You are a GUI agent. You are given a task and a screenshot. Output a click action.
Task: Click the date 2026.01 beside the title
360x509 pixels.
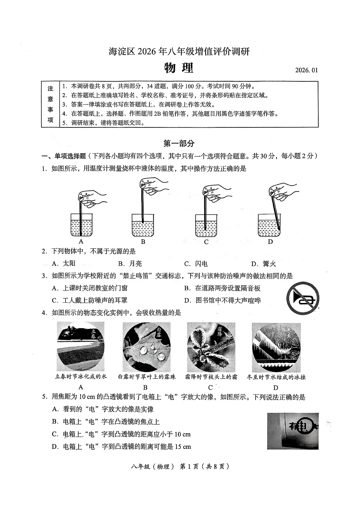pyautogui.click(x=306, y=70)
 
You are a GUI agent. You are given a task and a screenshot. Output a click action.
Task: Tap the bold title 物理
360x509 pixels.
pyautogui.click(x=179, y=68)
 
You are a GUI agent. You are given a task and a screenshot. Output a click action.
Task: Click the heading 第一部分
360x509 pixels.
pyautogui.click(x=179, y=143)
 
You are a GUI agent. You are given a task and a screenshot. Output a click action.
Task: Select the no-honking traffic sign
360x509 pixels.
pyautogui.click(x=302, y=297)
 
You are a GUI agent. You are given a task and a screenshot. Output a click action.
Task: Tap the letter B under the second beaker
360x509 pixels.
pyautogui.click(x=143, y=242)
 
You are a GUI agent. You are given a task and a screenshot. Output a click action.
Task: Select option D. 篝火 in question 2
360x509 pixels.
pyautogui.click(x=263, y=264)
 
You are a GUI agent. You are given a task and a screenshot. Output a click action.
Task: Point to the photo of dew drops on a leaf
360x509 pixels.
pyautogui.click(x=146, y=347)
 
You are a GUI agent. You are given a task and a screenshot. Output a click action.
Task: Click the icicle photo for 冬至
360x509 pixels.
pyautogui.click(x=276, y=347)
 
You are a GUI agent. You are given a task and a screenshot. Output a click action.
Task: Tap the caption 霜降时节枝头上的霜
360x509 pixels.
pyautogui.click(x=211, y=377)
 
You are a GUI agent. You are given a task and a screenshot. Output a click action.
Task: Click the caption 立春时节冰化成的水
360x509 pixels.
pyautogui.click(x=81, y=376)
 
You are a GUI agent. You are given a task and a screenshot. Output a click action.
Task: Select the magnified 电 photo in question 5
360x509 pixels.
pyautogui.click(x=292, y=431)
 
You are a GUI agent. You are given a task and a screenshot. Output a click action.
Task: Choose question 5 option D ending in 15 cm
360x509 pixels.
pyautogui.click(x=121, y=447)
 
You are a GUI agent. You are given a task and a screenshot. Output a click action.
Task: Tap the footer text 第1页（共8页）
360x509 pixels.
pyautogui.click(x=204, y=466)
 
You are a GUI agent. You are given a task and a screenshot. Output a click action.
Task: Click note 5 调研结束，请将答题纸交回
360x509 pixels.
pyautogui.click(x=103, y=123)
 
